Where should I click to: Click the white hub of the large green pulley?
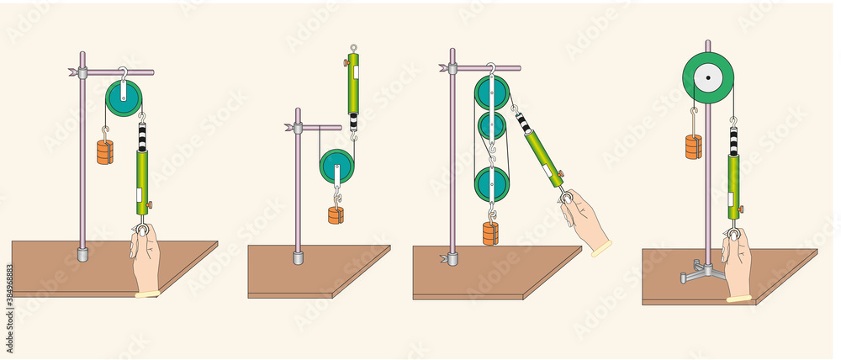(708, 78)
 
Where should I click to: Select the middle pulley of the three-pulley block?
(491, 127)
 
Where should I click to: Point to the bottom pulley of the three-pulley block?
(491, 184)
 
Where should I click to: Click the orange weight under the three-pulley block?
(490, 232)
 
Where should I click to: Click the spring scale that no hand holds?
(353, 85)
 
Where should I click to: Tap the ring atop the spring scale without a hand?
(353, 48)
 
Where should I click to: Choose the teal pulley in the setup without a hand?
(337, 167)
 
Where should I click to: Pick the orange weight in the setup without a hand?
(336, 214)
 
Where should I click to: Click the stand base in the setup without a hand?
(298, 257)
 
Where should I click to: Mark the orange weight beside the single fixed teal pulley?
(105, 152)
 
